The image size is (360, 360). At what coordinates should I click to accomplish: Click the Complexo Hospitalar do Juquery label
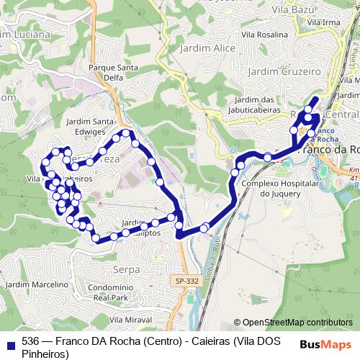point(275,187)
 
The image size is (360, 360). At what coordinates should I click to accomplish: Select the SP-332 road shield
point(186,281)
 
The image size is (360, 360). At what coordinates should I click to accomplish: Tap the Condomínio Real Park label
point(120,292)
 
